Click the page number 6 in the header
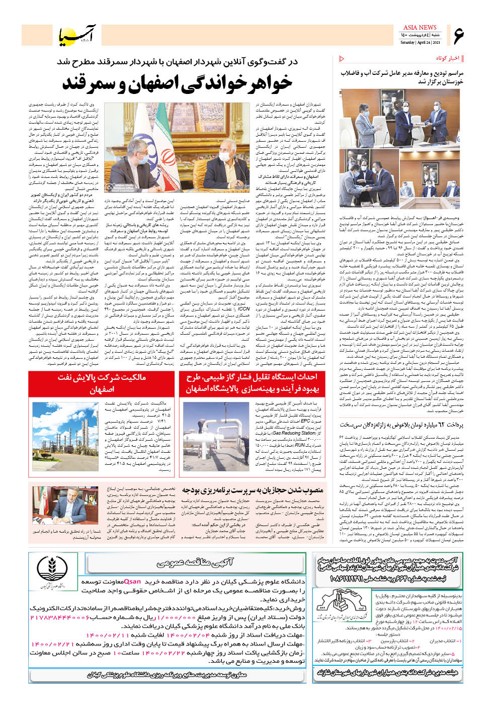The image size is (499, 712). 458,35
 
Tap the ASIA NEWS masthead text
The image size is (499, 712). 420,27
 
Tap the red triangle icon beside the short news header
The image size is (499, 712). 343,59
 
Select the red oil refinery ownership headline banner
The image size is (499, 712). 101,383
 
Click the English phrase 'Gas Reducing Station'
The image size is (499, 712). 301,433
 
